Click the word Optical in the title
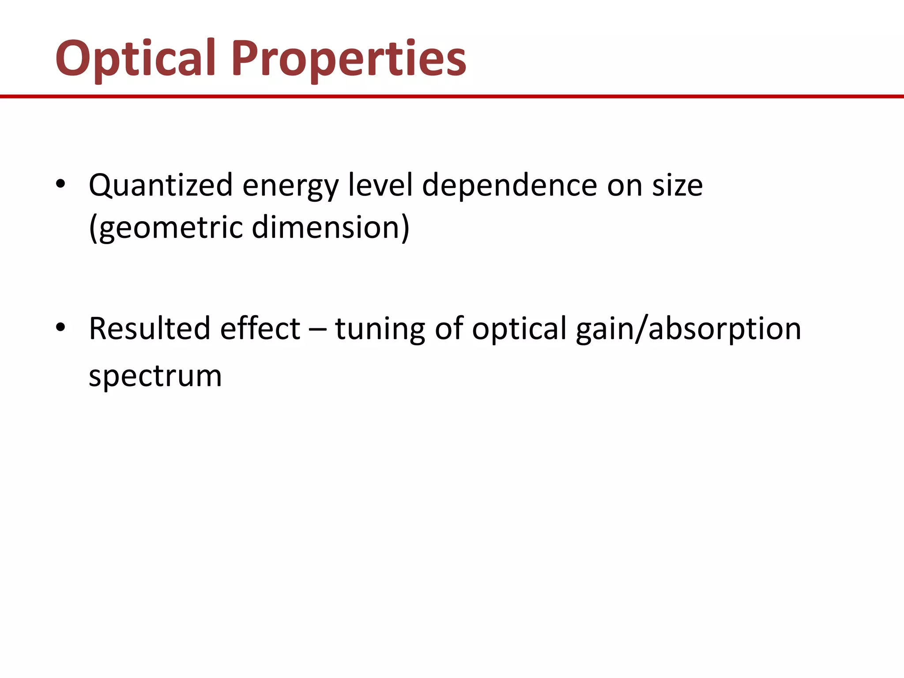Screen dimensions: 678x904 click(135, 59)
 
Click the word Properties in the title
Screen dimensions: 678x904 click(349, 59)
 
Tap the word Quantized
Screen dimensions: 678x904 click(161, 185)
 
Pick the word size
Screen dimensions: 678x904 click(678, 185)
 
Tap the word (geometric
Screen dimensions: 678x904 click(166, 228)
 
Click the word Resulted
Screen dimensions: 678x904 click(150, 329)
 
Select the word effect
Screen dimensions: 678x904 click(260, 329)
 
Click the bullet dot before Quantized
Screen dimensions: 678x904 click(61, 184)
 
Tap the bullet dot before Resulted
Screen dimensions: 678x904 click(61, 328)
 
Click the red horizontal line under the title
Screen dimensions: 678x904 click(452, 96)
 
